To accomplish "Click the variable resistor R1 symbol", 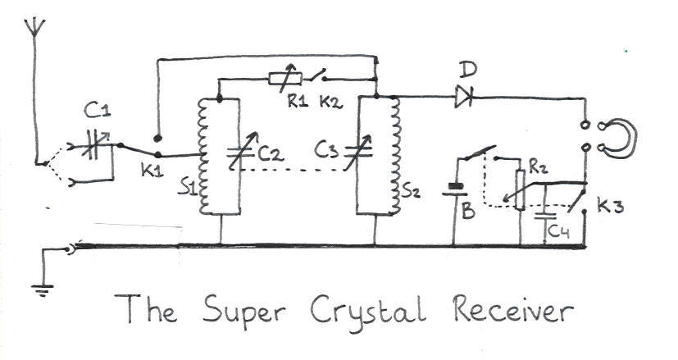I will (286, 79).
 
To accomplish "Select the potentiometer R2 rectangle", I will (520, 190).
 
